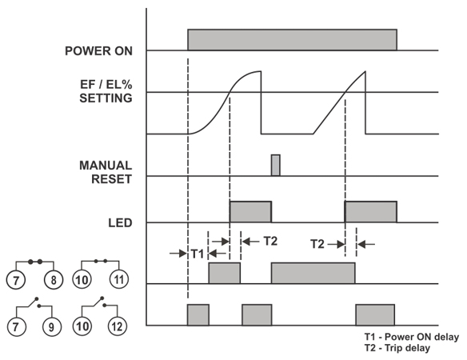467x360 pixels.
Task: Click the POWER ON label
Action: [x=98, y=51]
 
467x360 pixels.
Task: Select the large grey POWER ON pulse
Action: [x=292, y=40]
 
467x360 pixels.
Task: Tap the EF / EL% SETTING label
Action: [x=106, y=91]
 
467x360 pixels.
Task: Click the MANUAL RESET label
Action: [x=106, y=172]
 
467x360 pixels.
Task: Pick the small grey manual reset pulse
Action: [x=276, y=165]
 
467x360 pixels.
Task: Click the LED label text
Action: [x=120, y=222]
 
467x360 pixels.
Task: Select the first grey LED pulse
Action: [x=250, y=212]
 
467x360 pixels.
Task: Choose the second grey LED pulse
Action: [x=371, y=212]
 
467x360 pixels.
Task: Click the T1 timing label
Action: [x=198, y=254]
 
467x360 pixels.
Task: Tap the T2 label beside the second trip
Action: [x=317, y=244]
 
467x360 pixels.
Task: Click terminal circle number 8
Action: [x=54, y=280]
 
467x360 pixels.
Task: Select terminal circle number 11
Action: [x=119, y=279]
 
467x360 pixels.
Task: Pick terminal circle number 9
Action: [x=51, y=327]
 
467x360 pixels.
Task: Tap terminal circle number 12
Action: [x=117, y=326]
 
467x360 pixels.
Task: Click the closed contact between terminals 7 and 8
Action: [x=35, y=262]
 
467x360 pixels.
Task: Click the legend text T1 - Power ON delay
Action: [x=412, y=337]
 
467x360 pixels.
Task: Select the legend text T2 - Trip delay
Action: [x=397, y=348]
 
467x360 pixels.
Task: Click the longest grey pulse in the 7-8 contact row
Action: [x=313, y=273]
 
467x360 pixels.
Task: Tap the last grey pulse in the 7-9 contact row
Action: [x=375, y=315]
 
